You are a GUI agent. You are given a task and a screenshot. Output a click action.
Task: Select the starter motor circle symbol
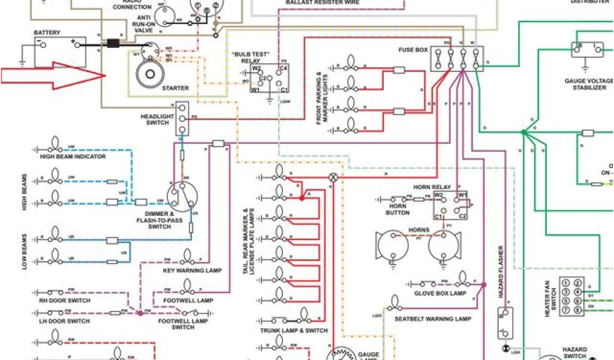pos(146,74)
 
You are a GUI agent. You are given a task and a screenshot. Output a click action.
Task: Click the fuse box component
pos(456,58)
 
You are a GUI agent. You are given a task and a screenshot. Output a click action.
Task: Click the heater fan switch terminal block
pos(572,296)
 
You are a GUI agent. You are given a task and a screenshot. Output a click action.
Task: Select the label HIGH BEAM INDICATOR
pos(73,157)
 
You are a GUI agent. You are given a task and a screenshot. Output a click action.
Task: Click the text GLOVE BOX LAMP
pos(440,293)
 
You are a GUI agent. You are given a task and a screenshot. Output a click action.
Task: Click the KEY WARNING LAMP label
pos(192,271)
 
